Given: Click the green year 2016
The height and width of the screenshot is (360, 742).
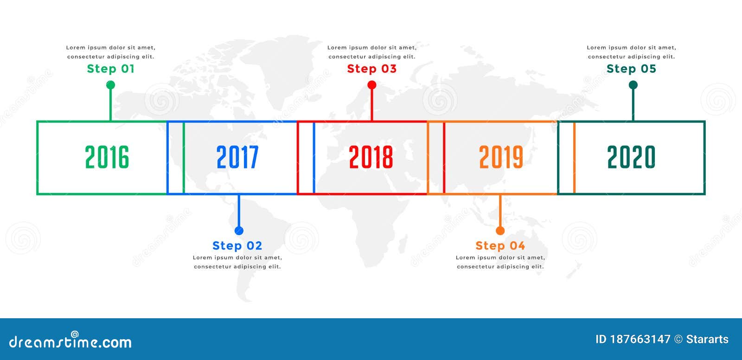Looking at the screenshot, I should click(x=107, y=157).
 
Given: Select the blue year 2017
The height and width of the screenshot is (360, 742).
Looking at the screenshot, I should click(x=237, y=157).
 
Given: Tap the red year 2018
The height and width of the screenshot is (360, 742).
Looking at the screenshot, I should click(x=371, y=157).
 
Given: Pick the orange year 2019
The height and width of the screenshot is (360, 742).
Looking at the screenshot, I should click(x=501, y=157).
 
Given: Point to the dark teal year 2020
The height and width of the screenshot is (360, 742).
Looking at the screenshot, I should click(x=631, y=157).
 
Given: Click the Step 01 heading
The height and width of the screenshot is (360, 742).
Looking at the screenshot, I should click(x=111, y=69).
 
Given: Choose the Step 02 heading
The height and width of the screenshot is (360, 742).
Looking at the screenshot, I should click(x=237, y=245).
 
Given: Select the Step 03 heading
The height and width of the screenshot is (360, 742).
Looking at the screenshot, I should click(x=372, y=69).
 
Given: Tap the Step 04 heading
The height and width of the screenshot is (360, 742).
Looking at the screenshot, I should click(x=500, y=245).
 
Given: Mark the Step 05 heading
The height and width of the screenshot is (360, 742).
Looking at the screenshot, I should click(x=632, y=69).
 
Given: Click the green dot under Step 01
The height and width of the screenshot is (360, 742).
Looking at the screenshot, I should click(x=110, y=85).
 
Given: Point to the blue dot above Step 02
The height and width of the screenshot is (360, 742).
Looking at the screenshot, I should click(x=239, y=231).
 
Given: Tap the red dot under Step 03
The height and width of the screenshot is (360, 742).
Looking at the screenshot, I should click(x=371, y=85).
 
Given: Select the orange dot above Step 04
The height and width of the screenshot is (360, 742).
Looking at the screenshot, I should click(x=500, y=231).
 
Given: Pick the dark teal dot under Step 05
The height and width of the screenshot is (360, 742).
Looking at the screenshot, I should click(x=633, y=85).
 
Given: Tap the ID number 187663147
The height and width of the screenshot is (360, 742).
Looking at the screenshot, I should click(x=640, y=339).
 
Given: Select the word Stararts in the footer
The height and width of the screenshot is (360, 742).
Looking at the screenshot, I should click(x=707, y=339).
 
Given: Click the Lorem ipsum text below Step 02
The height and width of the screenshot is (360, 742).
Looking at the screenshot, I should click(x=237, y=262).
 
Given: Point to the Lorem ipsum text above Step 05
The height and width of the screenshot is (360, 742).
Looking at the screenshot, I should click(x=632, y=52).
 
